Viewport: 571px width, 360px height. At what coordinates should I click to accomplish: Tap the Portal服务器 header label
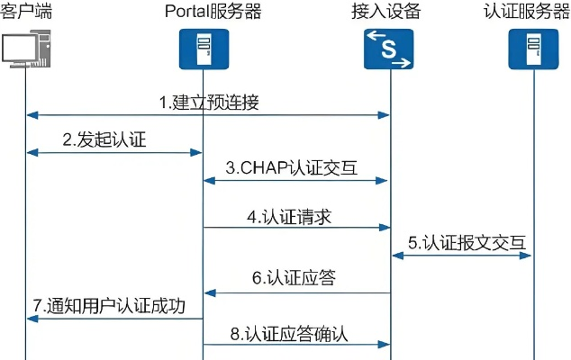pyautogui.click(x=203, y=11)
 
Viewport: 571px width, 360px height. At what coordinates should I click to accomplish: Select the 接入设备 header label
pyautogui.click(x=388, y=11)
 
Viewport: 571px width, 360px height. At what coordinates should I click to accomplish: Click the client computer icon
pyautogui.click(x=24, y=49)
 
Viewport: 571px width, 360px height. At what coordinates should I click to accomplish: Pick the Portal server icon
pyautogui.click(x=203, y=49)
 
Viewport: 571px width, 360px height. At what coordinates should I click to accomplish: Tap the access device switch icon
pyautogui.click(x=388, y=49)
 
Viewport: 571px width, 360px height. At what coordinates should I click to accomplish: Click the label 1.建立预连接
pyautogui.click(x=209, y=102)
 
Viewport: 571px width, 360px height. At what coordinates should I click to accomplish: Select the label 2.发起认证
pyautogui.click(x=104, y=139)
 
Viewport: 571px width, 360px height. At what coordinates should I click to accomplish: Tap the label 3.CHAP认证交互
pyautogui.click(x=294, y=166)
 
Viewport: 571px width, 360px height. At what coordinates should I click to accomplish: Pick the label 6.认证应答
pyautogui.click(x=294, y=278)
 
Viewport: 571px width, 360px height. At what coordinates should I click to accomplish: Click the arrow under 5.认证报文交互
pyautogui.click(x=461, y=256)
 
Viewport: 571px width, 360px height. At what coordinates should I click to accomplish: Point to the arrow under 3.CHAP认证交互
pyautogui.click(x=295, y=180)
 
